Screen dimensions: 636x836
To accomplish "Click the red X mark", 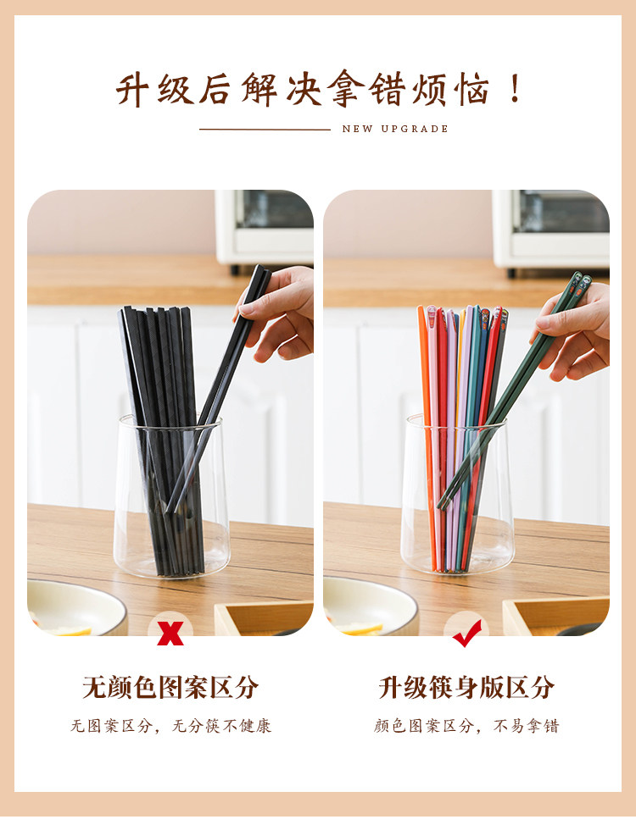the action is (170, 633).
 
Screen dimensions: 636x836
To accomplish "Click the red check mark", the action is (466, 634).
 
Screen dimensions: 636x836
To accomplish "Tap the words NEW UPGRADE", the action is (395, 129).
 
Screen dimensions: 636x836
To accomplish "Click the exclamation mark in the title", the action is (515, 89).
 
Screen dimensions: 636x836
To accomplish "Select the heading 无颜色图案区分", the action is (170, 687).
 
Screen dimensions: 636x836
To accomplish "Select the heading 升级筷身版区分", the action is (466, 687).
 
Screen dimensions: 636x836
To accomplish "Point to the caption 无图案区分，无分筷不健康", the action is (171, 726).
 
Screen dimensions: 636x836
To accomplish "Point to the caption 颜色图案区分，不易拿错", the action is (466, 726).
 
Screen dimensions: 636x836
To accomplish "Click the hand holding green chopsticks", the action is (574, 330).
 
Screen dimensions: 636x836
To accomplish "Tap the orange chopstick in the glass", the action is (427, 437).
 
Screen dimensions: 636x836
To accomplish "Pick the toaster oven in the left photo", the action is (265, 228).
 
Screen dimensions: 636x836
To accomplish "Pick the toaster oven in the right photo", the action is (550, 230).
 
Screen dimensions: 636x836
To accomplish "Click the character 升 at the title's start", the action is (131, 90).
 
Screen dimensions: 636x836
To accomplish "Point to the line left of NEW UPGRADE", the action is (265, 129).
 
